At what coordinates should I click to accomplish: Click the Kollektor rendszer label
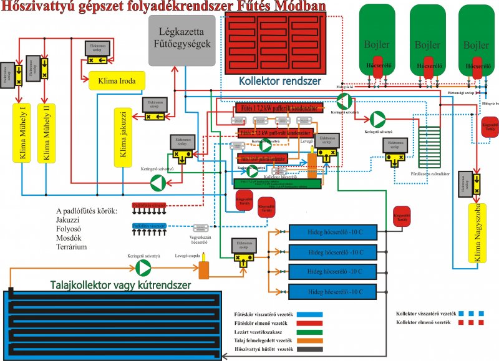[x=280, y=81]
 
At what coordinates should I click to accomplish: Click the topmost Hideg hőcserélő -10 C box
[x=332, y=232]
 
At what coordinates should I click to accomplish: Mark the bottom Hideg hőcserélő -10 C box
[x=332, y=292]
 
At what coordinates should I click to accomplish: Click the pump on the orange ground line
[x=143, y=267]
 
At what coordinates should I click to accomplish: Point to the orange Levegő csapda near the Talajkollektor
[x=203, y=270]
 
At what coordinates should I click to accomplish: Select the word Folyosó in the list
[x=69, y=228]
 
